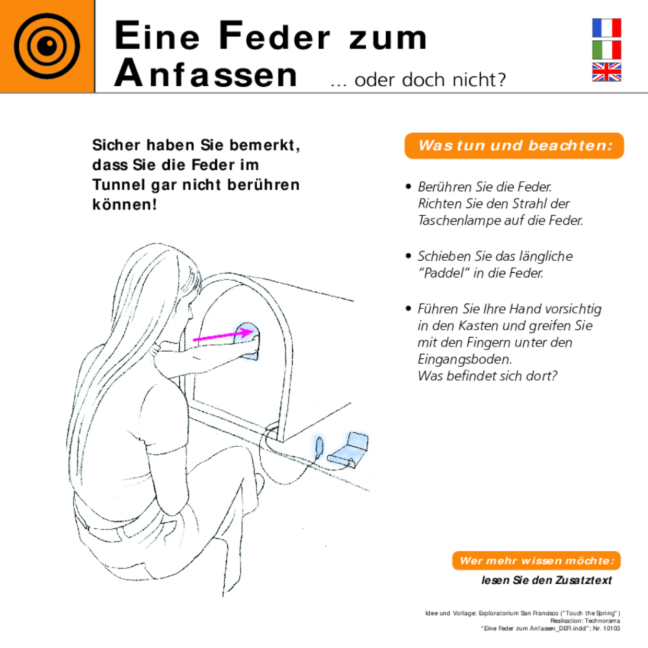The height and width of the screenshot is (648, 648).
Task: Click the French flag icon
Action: pyautogui.click(x=606, y=28)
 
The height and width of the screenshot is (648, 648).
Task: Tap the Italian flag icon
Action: pyautogui.click(x=606, y=50)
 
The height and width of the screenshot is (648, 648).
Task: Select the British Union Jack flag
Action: pyautogui.click(x=606, y=72)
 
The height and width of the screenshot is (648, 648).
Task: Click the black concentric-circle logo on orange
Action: pyautogui.click(x=47, y=46)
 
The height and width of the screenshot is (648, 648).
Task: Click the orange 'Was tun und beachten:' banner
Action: pyautogui.click(x=514, y=145)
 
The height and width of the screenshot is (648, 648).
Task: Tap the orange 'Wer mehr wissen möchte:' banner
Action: pyautogui.click(x=536, y=561)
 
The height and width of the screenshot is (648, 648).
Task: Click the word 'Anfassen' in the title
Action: pyautogui.click(x=206, y=74)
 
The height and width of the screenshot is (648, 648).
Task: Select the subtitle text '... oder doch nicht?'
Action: pyautogui.click(x=418, y=80)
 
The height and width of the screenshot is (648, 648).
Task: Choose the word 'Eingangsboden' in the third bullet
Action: pyautogui.click(x=464, y=359)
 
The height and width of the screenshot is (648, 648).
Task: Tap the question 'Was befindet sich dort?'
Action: pyautogui.click(x=487, y=376)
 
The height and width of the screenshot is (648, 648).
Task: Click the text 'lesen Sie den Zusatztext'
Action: pyautogui.click(x=546, y=580)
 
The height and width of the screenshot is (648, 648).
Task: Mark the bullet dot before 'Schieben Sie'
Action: pyautogui.click(x=409, y=256)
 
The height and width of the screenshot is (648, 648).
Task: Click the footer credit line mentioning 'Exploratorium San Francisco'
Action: pyautogui.click(x=523, y=613)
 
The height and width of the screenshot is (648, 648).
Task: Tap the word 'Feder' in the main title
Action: pyautogui.click(x=274, y=37)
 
